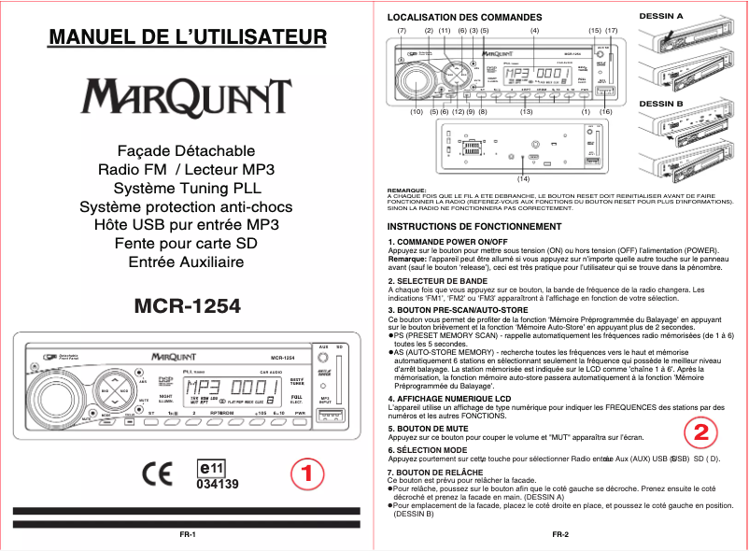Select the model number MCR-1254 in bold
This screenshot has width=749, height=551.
[188, 306]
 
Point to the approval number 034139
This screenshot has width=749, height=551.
[217, 485]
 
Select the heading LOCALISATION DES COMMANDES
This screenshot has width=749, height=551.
[452, 18]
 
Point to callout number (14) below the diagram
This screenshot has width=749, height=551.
[523, 177]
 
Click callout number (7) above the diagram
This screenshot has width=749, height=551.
[402, 31]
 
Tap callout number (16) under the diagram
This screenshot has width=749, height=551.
[605, 111]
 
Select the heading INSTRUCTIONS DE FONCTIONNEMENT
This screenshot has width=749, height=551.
[474, 227]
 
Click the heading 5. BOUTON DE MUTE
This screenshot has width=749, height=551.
[430, 428]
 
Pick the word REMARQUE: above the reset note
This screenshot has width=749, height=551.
[406, 190]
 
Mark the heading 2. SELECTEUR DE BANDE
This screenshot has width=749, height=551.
[437, 281]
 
